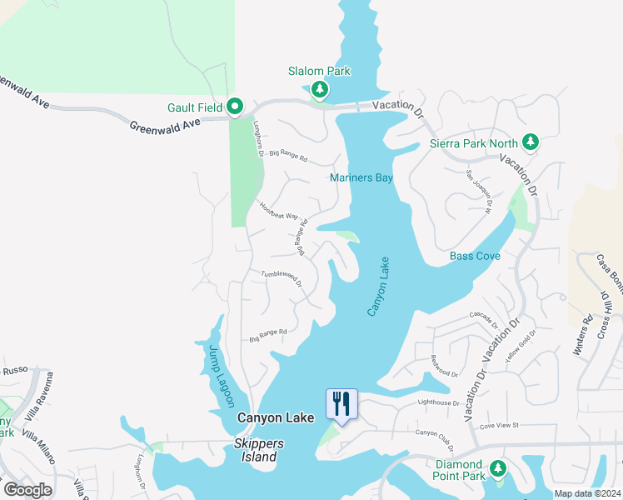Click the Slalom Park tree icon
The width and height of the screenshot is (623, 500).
coord(318,89)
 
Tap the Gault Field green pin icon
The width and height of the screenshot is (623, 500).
coord(235,107)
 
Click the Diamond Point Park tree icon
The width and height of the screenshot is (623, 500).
coord(498,469)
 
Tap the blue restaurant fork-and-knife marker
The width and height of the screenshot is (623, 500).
coord(341,404)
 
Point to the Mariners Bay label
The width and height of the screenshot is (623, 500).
coord(361,178)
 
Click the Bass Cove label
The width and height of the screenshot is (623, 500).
coord(475,256)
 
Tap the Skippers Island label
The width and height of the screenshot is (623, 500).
coord(257,450)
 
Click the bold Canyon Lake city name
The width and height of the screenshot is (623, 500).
coord(276,418)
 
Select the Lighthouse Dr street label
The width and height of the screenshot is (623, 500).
coord(438,402)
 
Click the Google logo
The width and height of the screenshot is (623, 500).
coord(27,490)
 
